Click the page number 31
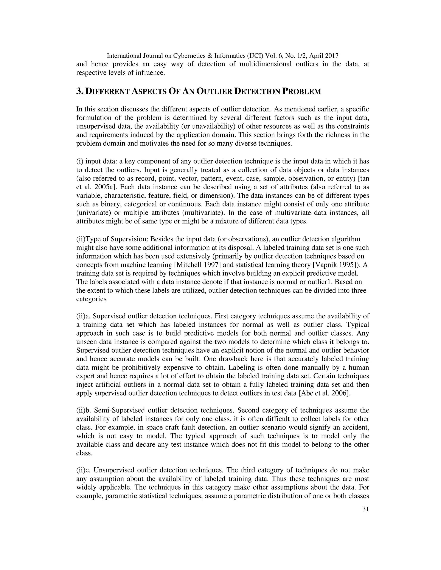click(365, 509)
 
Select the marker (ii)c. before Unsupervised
click(83, 470)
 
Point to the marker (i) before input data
click(79, 162)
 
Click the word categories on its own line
click(91, 299)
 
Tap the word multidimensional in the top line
click(266, 64)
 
